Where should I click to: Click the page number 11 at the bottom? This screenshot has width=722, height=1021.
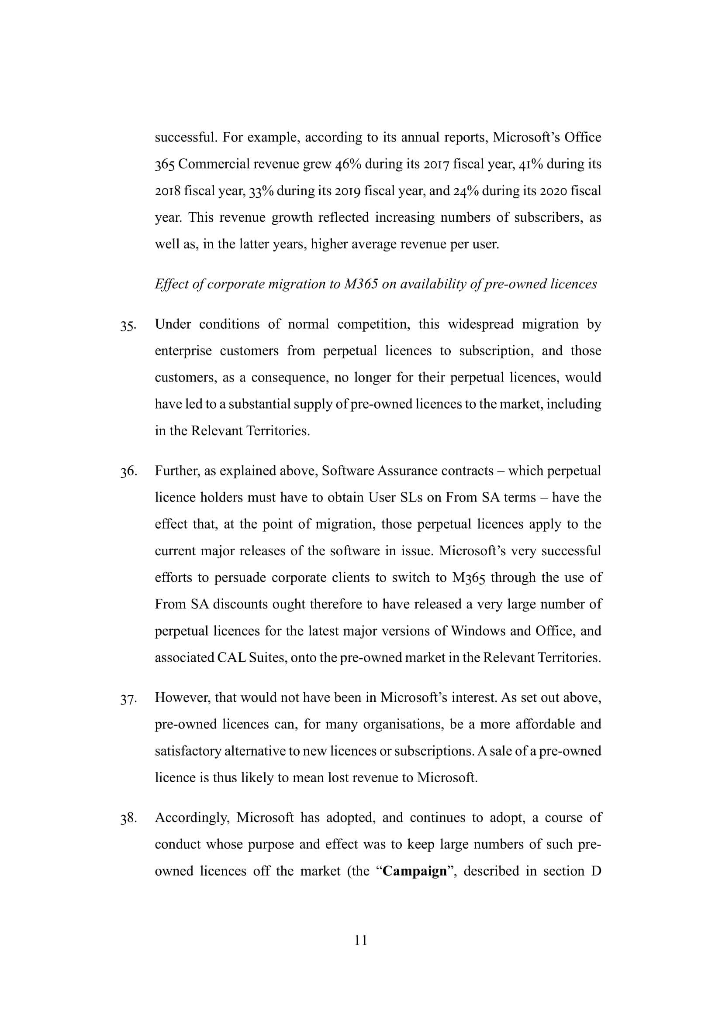coord(361,940)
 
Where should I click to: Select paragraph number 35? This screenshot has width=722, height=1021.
coord(128,326)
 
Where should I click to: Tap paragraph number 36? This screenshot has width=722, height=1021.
coord(128,472)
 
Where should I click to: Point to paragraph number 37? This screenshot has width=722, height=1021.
coord(128,699)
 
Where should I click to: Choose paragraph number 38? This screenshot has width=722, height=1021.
coord(128,818)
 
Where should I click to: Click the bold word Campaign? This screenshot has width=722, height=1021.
coord(414,871)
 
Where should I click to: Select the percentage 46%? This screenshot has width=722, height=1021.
coord(347,164)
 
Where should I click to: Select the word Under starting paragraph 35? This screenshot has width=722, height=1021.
coord(173,324)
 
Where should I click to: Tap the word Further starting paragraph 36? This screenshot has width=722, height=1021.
coord(177,471)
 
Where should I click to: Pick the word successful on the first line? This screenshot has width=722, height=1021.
coord(186,138)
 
